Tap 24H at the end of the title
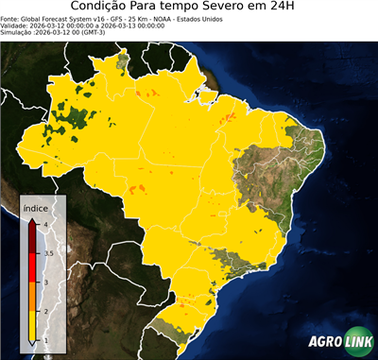[x=289, y=9]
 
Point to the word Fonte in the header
[x=12, y=23]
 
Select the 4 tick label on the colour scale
[x=44, y=224]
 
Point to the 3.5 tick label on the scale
[x=47, y=253]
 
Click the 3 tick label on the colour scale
[x=44, y=282]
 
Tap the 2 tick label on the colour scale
[x=44, y=311]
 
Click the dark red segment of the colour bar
[x=34, y=239]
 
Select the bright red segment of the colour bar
[x=34, y=267]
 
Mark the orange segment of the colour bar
[x=34, y=296]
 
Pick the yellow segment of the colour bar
[x=34, y=325]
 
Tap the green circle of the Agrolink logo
[x=356, y=341]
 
